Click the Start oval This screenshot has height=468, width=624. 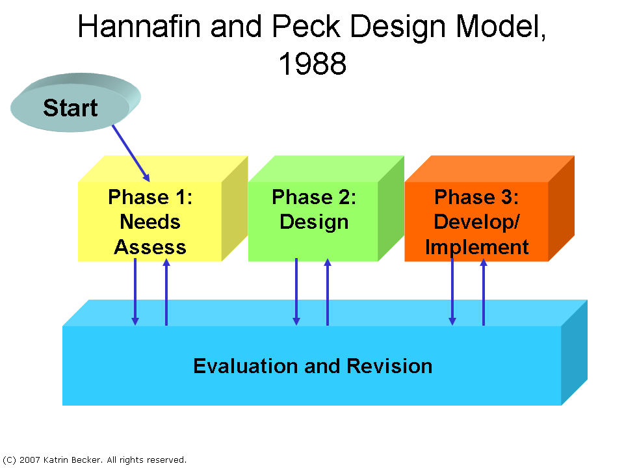pyautogui.click(x=75, y=102)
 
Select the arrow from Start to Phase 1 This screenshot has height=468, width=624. pyautogui.click(x=131, y=153)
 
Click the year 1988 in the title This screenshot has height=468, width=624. pyautogui.click(x=313, y=64)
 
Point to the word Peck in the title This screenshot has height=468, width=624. pyautogui.click(x=306, y=27)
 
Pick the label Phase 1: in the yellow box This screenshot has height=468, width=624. pyautogui.click(x=150, y=197)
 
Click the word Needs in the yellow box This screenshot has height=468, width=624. pyautogui.click(x=150, y=222)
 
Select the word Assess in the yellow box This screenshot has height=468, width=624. pyautogui.click(x=150, y=247)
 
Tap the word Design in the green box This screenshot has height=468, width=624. pyautogui.click(x=314, y=222)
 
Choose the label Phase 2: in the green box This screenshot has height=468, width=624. pyautogui.click(x=314, y=197)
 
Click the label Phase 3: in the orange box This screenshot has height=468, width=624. pyautogui.click(x=476, y=197)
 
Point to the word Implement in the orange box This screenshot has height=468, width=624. pyautogui.click(x=476, y=248)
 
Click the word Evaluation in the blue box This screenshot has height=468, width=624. pyautogui.click(x=245, y=366)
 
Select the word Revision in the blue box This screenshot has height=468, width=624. pyautogui.click(x=389, y=366)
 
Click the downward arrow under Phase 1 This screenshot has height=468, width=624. pyautogui.click(x=135, y=292)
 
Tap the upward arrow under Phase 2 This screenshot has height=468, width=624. pyautogui.click(x=328, y=292)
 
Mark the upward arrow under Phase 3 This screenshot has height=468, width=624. pyautogui.click(x=484, y=292)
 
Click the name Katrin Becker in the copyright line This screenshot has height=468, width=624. pyautogui.click(x=72, y=460)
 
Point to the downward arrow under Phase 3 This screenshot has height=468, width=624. pyautogui.click(x=452, y=292)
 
